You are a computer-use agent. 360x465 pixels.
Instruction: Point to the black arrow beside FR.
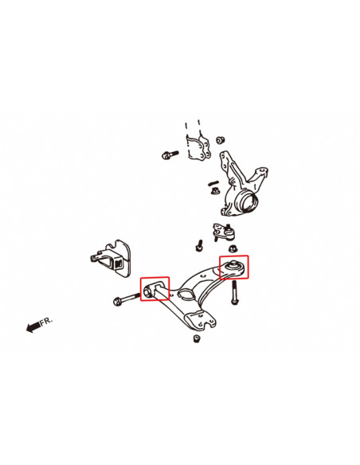tap(33, 327)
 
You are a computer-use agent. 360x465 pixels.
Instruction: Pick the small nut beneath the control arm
tap(197, 338)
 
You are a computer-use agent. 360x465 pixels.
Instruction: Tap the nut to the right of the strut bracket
tap(221, 140)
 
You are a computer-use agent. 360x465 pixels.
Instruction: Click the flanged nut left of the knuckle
tap(213, 190)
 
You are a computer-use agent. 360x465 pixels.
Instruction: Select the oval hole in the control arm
tap(183, 296)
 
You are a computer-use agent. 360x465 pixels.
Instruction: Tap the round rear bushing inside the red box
tap(233, 264)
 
